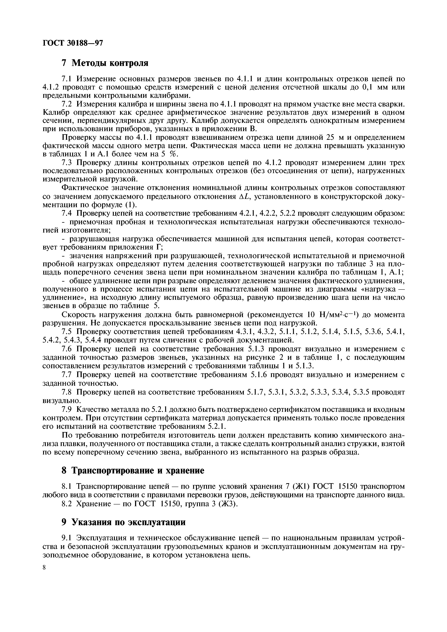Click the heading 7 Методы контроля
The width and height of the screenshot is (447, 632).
(105, 63)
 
